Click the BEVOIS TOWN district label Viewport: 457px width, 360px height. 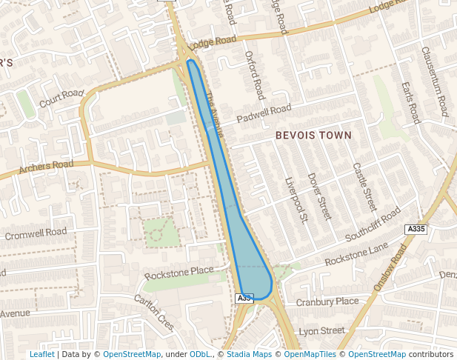pos(312,136)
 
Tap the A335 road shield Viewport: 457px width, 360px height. pos(416,230)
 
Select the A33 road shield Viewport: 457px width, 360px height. pos(244,298)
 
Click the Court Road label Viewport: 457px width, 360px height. pos(62,98)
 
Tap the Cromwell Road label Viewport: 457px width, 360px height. pos(36,234)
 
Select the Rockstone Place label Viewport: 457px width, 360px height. pos(179,273)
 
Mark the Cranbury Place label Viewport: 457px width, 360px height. pos(327,301)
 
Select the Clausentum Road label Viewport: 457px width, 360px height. pos(435,81)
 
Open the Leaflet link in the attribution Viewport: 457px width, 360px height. pos(41,354)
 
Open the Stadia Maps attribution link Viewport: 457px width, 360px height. pos(249,354)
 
